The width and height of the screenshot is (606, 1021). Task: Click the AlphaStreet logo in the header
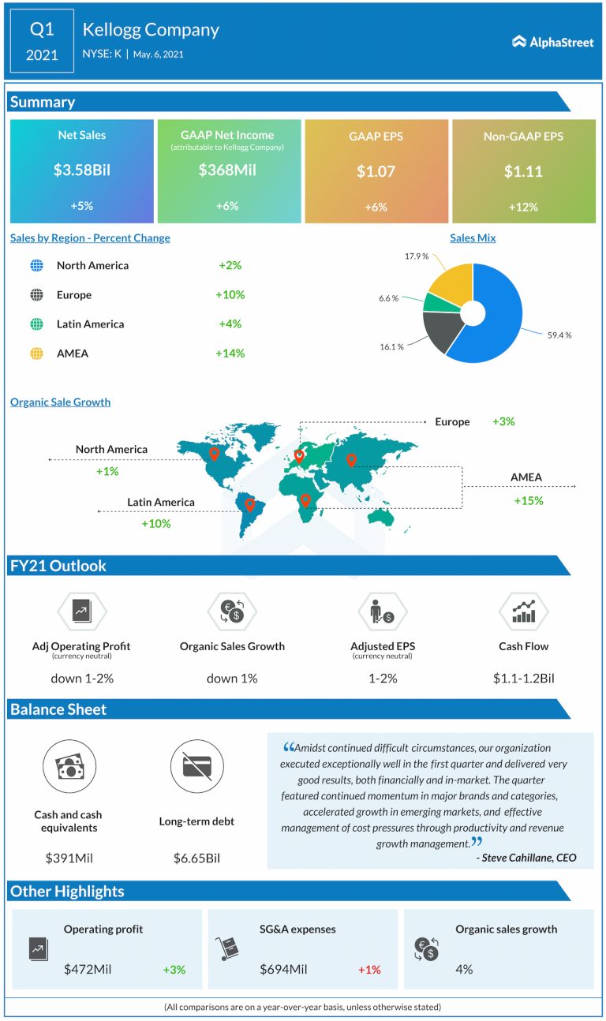pos(552,42)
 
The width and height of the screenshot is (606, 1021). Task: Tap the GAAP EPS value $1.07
pos(376,170)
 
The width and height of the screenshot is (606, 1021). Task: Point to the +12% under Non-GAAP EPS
pos(523,207)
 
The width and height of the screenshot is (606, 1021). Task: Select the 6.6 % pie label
pos(389,298)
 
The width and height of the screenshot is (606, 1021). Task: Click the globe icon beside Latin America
pos(36,324)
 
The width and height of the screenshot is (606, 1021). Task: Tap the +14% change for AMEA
pos(230,353)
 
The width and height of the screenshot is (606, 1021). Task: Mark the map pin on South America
pos(250,503)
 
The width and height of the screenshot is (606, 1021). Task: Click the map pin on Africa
pos(305,499)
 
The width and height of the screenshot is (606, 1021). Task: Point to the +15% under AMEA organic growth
pos(528,500)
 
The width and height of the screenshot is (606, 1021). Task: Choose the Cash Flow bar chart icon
pos(523,611)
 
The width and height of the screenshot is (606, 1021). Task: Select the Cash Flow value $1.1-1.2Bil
pos(523,678)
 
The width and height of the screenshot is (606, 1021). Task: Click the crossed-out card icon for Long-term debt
pos(196,766)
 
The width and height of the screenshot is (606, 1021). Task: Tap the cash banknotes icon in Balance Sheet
pos(68,766)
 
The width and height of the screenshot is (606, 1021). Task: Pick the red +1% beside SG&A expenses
pos(368,969)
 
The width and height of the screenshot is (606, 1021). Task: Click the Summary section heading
pos(43,102)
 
